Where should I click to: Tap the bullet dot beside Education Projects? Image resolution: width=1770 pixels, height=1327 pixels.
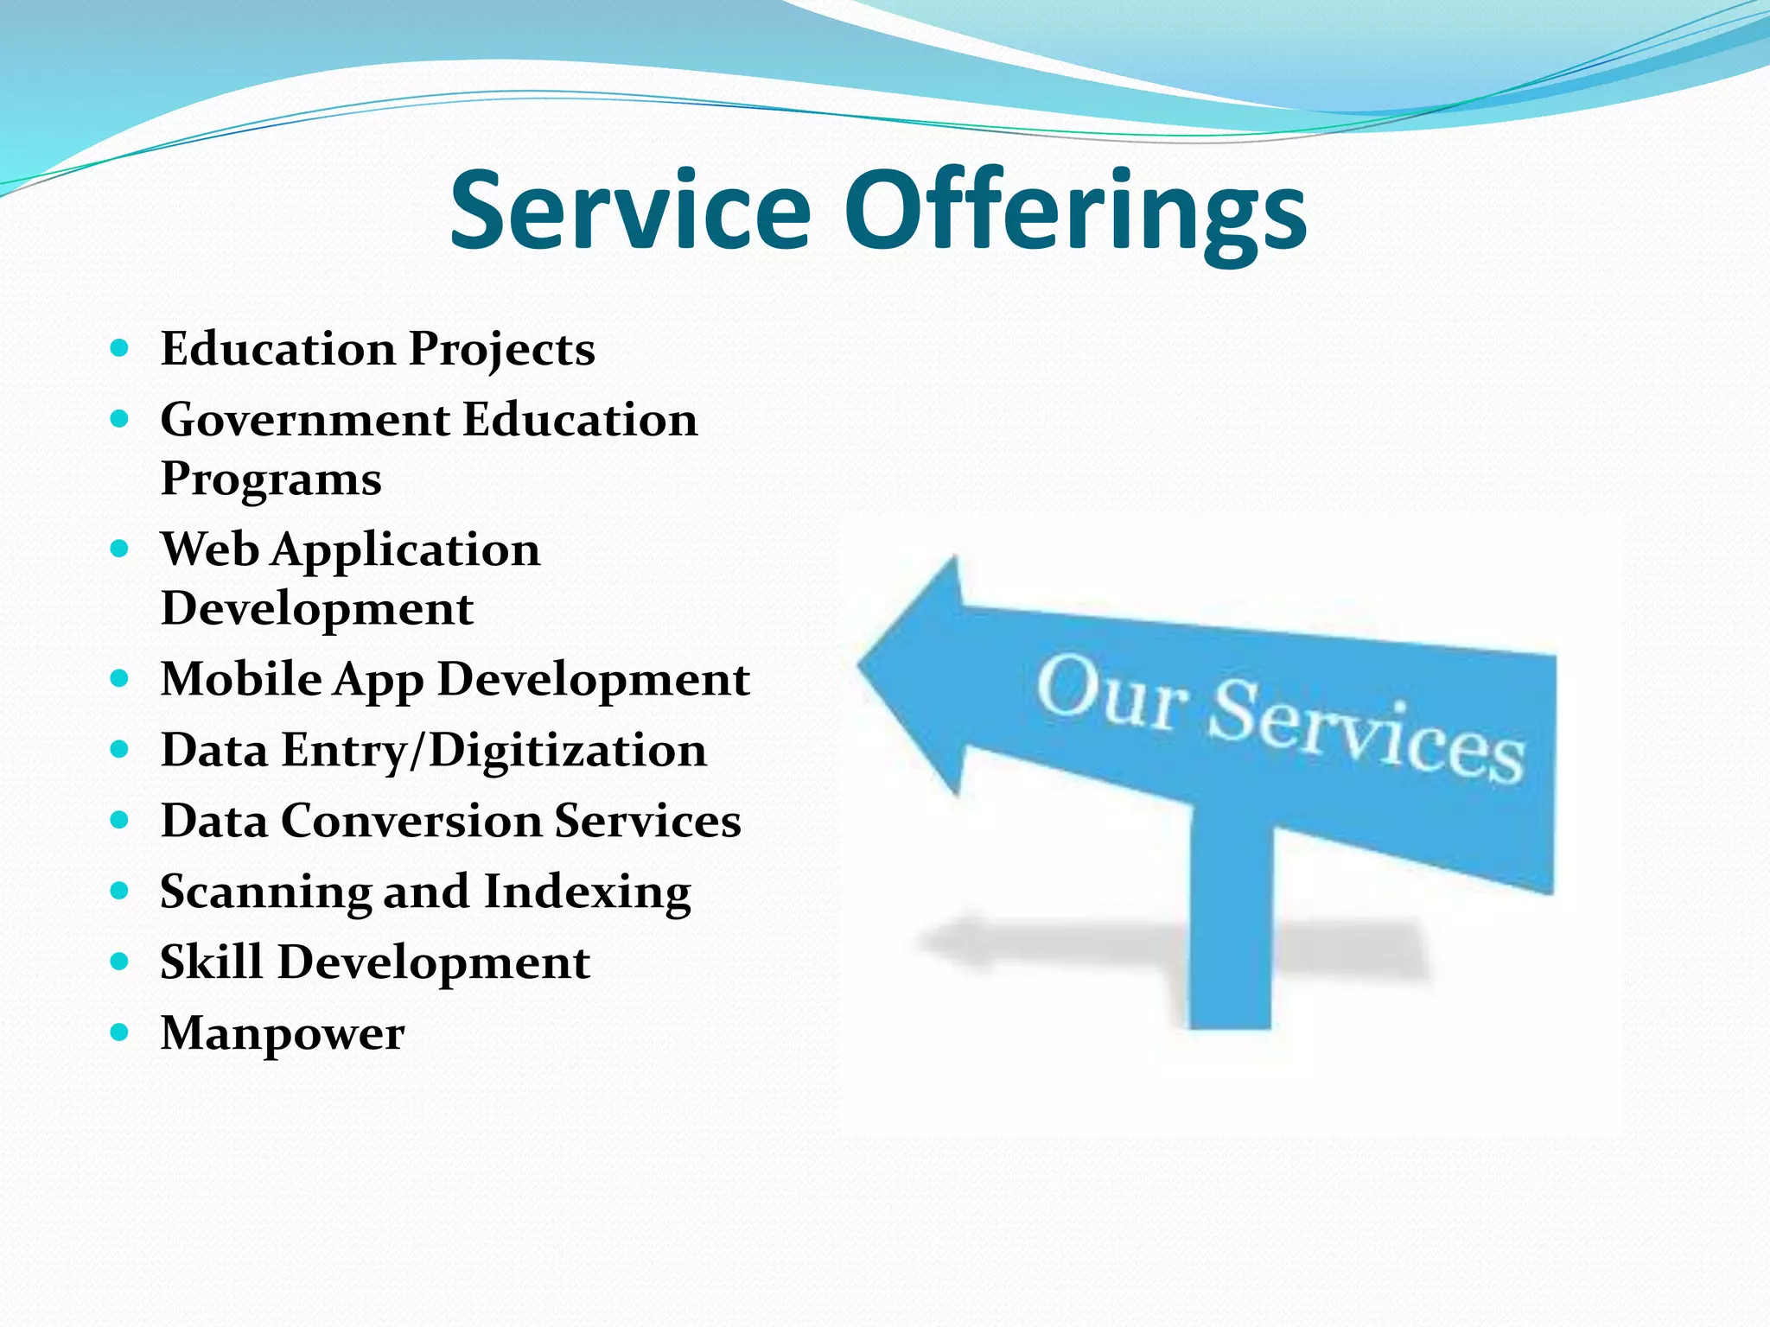coord(120,348)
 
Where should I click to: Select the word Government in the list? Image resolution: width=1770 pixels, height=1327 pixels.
coord(305,420)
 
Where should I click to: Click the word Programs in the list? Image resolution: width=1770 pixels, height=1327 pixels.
coord(271,479)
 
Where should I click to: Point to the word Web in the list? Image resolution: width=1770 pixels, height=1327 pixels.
coord(210,549)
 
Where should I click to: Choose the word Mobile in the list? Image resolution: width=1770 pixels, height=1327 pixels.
coord(241,679)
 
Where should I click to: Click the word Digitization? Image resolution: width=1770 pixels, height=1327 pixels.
coord(568,750)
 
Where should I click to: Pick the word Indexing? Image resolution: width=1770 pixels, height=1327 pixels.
coord(588,892)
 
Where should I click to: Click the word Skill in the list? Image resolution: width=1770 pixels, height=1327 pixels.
coord(212,962)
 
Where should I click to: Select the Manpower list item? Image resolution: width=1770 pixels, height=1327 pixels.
coord(283,1033)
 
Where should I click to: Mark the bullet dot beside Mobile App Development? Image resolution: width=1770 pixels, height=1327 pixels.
coord(120,678)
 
